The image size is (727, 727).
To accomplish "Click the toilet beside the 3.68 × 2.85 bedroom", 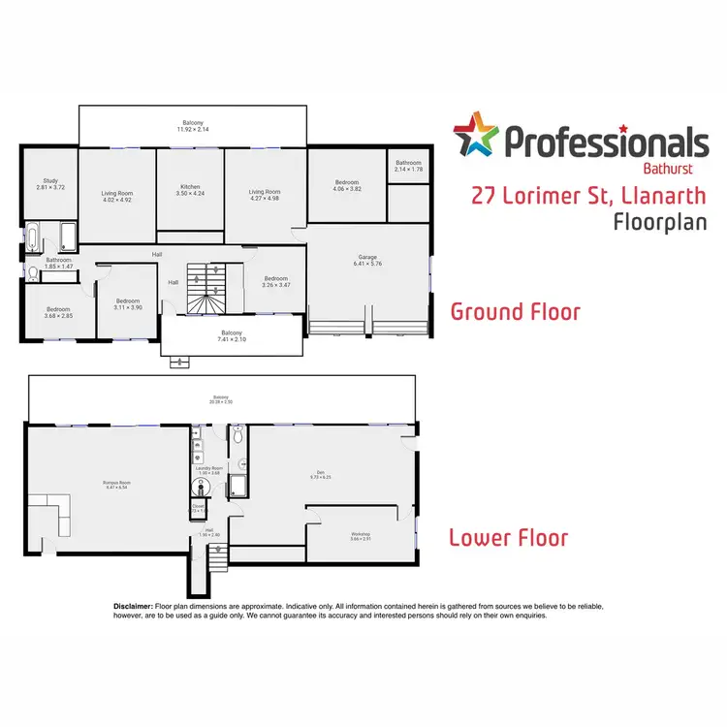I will pos(33,274).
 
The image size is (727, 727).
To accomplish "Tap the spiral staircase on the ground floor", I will pos(205,288).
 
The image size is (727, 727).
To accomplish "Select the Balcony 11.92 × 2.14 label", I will pos(193,126).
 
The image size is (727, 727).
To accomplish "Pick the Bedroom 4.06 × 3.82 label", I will pos(347,185).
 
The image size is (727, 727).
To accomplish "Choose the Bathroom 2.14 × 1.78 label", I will pos(408,166).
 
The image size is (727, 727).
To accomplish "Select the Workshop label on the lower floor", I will pos(361,536).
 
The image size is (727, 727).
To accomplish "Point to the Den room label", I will pos(321,474).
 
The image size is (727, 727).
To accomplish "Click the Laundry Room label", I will pos(209,471).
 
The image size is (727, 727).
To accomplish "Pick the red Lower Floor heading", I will pos(508,537).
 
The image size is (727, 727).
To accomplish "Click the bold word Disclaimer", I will pos(133,604).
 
